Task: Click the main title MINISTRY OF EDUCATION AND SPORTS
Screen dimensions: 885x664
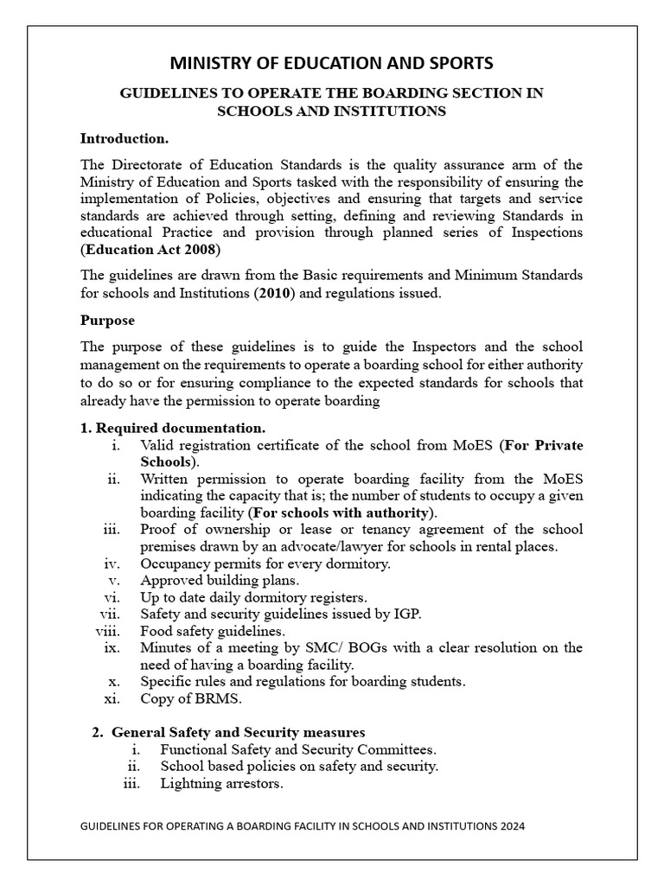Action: tap(332, 62)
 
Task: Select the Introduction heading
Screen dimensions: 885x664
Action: tap(124, 138)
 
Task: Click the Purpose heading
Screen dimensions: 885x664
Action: tap(107, 320)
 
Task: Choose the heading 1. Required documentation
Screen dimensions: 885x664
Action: tap(173, 428)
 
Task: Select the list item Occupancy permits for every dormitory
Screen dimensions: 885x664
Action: tap(265, 563)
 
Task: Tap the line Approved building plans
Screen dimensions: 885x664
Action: tap(220, 580)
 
